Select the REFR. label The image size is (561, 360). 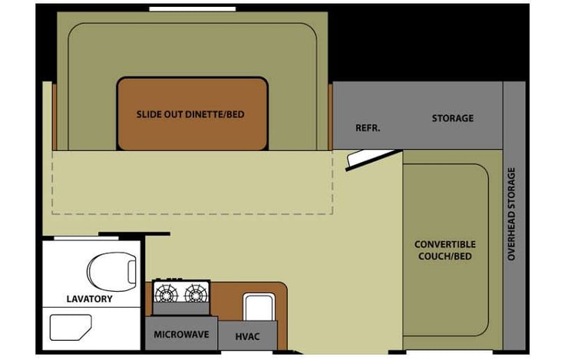tap(368, 127)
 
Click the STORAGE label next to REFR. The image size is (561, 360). tap(452, 118)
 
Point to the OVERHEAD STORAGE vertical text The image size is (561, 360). tap(513, 213)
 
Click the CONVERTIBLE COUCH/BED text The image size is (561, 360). tap(445, 249)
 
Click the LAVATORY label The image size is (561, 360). tap(89, 299)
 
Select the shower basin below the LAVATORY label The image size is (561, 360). tap(71, 328)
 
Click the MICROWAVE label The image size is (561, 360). tap(181, 335)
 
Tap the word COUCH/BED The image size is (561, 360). tap(445, 256)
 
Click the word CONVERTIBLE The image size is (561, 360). tap(445, 244)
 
